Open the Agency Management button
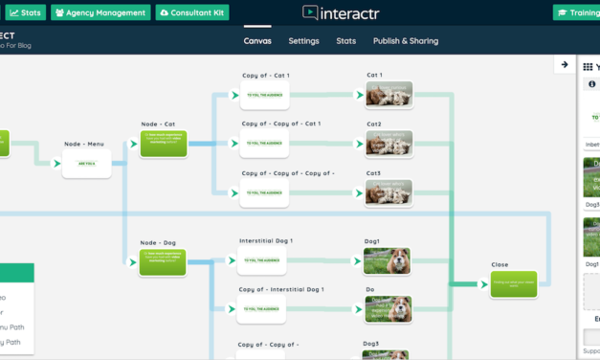[100, 12]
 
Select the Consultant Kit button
[191, 12]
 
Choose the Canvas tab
[257, 41]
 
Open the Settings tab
[303, 41]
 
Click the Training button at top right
[576, 12]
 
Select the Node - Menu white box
[87, 164]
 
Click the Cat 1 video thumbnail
[388, 94]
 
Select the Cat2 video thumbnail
[388, 143]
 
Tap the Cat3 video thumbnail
[388, 192]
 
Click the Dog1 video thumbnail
[387, 260]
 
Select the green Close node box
[513, 284]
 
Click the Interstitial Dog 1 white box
[262, 260]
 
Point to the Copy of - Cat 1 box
[265, 95]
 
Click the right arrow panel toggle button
[565, 65]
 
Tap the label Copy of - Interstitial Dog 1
[281, 289]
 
